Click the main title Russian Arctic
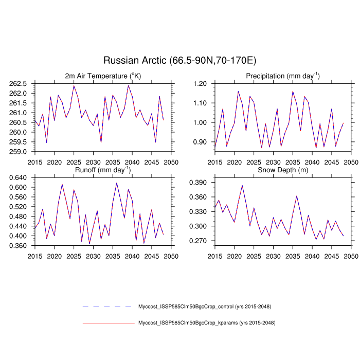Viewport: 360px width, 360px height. [x=179, y=60]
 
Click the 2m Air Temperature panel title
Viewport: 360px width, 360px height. [x=103, y=76]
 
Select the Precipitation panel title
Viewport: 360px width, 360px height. [x=282, y=76]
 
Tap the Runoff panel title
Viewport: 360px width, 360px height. [x=103, y=170]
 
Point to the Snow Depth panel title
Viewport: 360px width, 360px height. [x=282, y=170]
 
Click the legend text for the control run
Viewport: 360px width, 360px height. [x=204, y=307]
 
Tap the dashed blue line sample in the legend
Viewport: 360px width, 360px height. [x=108, y=307]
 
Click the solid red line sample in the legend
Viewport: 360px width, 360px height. [x=108, y=323]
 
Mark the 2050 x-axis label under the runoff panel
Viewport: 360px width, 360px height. [x=171, y=256]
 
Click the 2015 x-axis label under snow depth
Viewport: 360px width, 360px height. [x=214, y=256]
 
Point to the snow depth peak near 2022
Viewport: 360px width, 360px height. [x=242, y=185]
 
